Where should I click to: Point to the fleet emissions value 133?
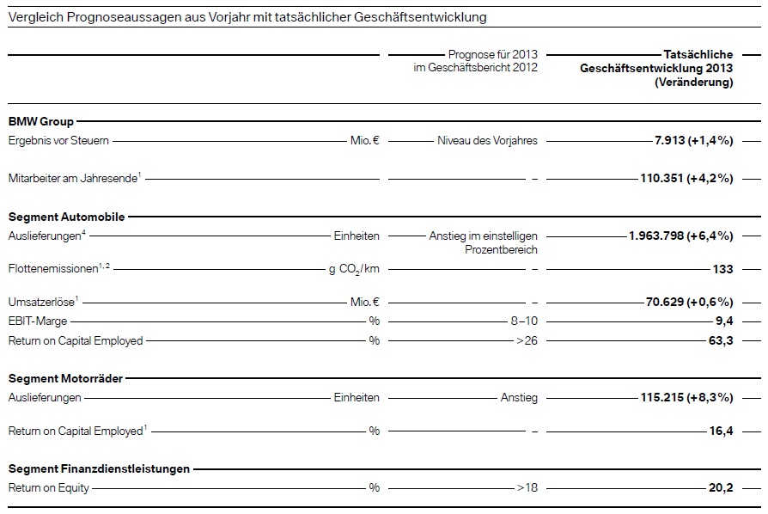click(x=722, y=269)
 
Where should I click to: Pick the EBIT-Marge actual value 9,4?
click(x=724, y=321)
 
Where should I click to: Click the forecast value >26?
click(x=527, y=340)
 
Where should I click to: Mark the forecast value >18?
click(x=527, y=488)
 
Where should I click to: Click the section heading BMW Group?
click(x=40, y=122)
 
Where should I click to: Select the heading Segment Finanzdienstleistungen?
click(x=99, y=469)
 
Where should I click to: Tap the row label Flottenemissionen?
click(x=53, y=269)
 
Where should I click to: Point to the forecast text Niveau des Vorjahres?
click(x=487, y=141)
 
